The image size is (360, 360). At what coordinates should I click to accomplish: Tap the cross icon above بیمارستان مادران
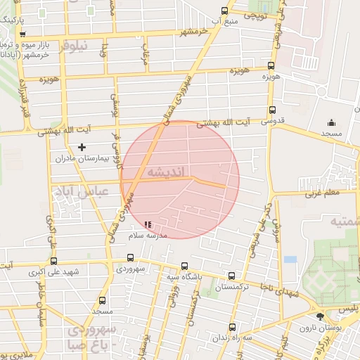82,147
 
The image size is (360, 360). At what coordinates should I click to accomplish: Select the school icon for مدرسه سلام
148,225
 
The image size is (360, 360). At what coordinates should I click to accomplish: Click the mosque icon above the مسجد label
331,121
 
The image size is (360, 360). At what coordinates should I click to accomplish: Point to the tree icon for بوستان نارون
320,318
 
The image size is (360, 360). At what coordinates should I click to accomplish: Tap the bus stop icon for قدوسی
272,109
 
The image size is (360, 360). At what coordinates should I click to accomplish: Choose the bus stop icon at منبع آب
224,11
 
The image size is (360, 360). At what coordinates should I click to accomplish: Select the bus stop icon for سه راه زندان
232,327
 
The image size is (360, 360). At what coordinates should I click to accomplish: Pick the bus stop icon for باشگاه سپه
184,266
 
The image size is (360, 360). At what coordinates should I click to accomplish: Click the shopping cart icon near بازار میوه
23,34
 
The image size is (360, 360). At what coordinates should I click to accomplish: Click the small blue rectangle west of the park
290,259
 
